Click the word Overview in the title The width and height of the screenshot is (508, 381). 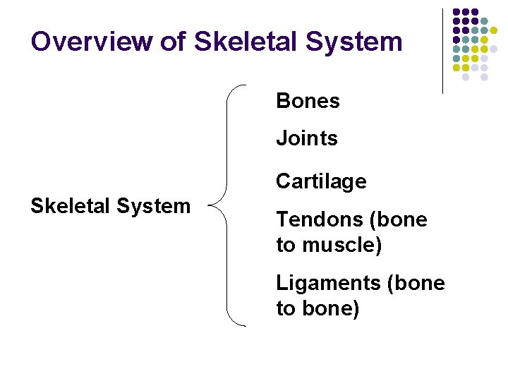click(x=90, y=41)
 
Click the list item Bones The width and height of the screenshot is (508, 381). click(x=308, y=101)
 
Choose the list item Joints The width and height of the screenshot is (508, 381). click(x=307, y=138)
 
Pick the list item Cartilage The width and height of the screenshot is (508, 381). click(x=321, y=181)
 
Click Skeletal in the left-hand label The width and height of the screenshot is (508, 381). click(x=67, y=206)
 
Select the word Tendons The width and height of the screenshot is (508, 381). click(x=320, y=219)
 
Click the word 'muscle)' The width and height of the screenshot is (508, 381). click(x=343, y=246)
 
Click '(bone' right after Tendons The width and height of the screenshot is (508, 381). click(x=399, y=220)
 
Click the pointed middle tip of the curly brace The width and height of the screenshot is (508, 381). click(x=212, y=207)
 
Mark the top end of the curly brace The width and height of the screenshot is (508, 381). click(x=245, y=86)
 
